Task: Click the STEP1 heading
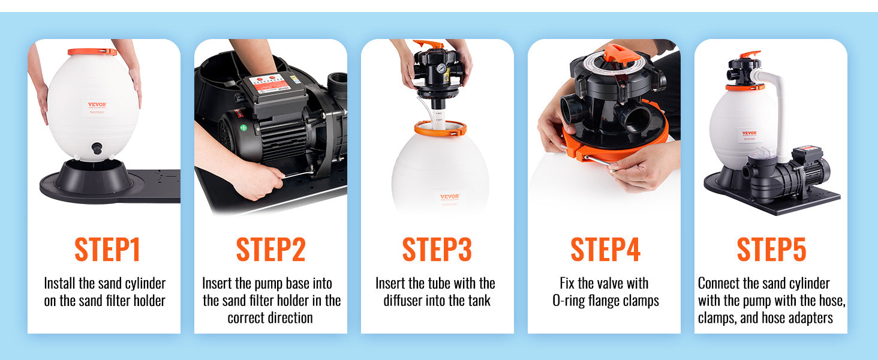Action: pos(107,250)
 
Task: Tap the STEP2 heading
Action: pos(271,250)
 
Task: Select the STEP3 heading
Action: pos(437,250)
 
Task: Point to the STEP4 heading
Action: pos(605,250)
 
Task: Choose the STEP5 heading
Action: pos(771,250)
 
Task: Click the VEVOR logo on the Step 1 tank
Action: pos(97,105)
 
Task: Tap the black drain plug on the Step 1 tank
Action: pos(97,149)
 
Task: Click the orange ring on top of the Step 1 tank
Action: pos(92,52)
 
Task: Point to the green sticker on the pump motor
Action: pos(243,127)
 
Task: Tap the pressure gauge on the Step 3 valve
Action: pos(442,69)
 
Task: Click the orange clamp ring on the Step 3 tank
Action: pos(441,128)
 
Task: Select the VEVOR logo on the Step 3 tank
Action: pos(450,196)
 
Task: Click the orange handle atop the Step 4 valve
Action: pos(620,54)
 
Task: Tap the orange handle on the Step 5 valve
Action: pos(750,55)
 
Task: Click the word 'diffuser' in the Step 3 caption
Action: pos(403,301)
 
